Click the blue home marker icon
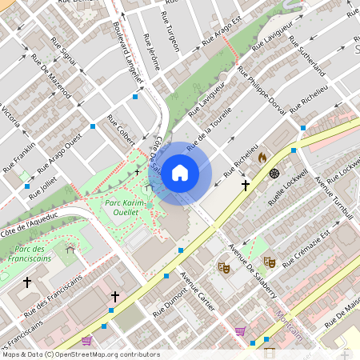[x=180, y=172]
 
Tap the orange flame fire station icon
[x=261, y=158]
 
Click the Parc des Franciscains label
[x=33, y=254]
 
